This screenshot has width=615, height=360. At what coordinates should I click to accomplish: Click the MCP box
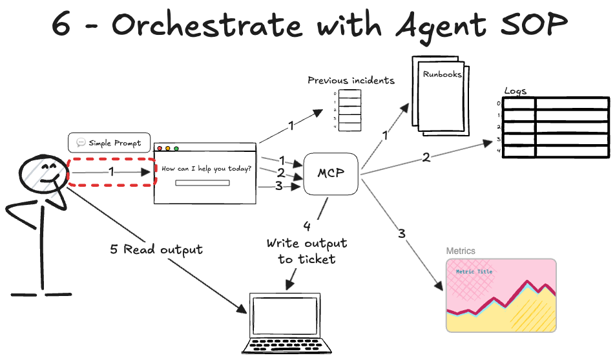click(x=331, y=174)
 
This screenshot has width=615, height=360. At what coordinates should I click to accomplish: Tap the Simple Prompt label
click(x=109, y=143)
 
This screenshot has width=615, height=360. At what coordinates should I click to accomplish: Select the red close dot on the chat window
click(x=160, y=149)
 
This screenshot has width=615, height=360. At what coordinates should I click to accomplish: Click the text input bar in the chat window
click(x=202, y=183)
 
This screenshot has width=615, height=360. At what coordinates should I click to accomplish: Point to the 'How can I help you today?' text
click(x=207, y=169)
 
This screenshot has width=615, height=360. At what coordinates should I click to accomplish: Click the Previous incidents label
click(x=351, y=81)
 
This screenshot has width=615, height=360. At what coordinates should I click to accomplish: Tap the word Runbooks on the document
click(x=442, y=74)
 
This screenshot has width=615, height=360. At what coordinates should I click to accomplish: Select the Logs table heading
click(x=514, y=92)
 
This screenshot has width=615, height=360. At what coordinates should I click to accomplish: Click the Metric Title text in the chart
click(x=474, y=272)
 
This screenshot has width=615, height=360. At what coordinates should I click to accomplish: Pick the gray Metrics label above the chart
click(x=461, y=251)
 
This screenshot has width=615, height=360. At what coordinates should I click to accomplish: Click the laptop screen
click(x=285, y=316)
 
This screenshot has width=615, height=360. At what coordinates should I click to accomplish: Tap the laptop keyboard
click(x=285, y=345)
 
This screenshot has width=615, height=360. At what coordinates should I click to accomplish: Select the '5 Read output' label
click(x=156, y=249)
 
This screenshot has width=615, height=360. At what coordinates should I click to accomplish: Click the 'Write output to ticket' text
click(x=307, y=251)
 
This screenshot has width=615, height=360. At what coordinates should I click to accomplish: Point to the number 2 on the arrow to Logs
click(x=426, y=157)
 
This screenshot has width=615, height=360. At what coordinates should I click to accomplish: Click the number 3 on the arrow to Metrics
click(x=402, y=233)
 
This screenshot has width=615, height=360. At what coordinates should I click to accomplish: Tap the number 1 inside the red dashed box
click(x=111, y=172)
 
